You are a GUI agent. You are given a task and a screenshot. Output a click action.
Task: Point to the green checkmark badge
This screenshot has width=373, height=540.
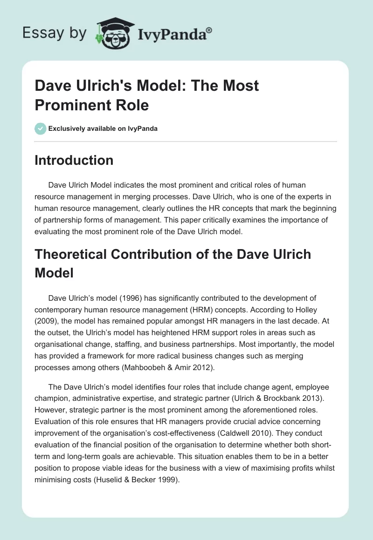click(41, 128)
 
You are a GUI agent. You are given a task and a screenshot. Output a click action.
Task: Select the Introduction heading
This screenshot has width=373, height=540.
click(74, 160)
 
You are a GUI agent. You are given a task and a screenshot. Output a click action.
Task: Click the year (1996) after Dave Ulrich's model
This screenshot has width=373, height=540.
click(125, 298)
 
